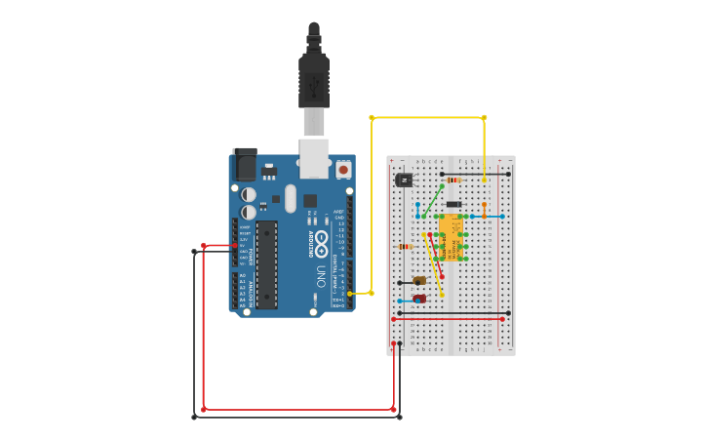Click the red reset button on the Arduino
click(x=342, y=169)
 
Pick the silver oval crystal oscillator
click(x=291, y=198)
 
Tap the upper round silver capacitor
click(x=250, y=194)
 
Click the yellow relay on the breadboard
click(x=450, y=238)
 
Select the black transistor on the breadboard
click(x=404, y=180)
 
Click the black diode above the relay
click(x=453, y=204)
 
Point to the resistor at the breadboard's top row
click(x=453, y=181)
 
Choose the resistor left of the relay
click(x=406, y=247)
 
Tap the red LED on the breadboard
click(x=418, y=299)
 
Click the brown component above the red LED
click(x=419, y=281)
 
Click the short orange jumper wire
click(x=484, y=210)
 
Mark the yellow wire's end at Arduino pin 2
click(x=349, y=293)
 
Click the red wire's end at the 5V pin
click(x=237, y=246)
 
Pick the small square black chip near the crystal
click(x=309, y=201)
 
